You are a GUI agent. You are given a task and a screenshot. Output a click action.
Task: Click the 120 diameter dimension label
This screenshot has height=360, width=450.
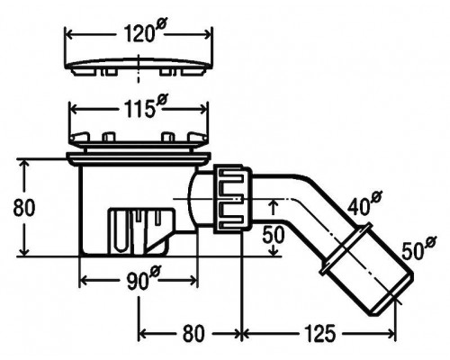tap(144, 31)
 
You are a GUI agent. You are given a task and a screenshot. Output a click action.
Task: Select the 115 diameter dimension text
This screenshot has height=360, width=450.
tap(146, 106)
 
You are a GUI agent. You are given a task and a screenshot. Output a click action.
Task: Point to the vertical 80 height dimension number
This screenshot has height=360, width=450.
tap(24, 207)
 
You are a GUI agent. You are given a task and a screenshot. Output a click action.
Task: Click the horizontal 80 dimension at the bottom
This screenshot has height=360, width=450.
tap(193, 333)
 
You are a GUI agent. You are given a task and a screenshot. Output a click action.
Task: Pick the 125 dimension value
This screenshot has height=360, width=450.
tap(319, 333)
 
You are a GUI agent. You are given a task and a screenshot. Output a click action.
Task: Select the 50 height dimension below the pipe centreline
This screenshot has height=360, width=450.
tap(273, 235)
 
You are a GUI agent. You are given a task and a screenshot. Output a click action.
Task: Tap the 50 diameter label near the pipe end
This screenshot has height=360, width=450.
tap(418, 247)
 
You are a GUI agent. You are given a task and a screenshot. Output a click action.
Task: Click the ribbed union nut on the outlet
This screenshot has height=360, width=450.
tap(232, 199)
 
